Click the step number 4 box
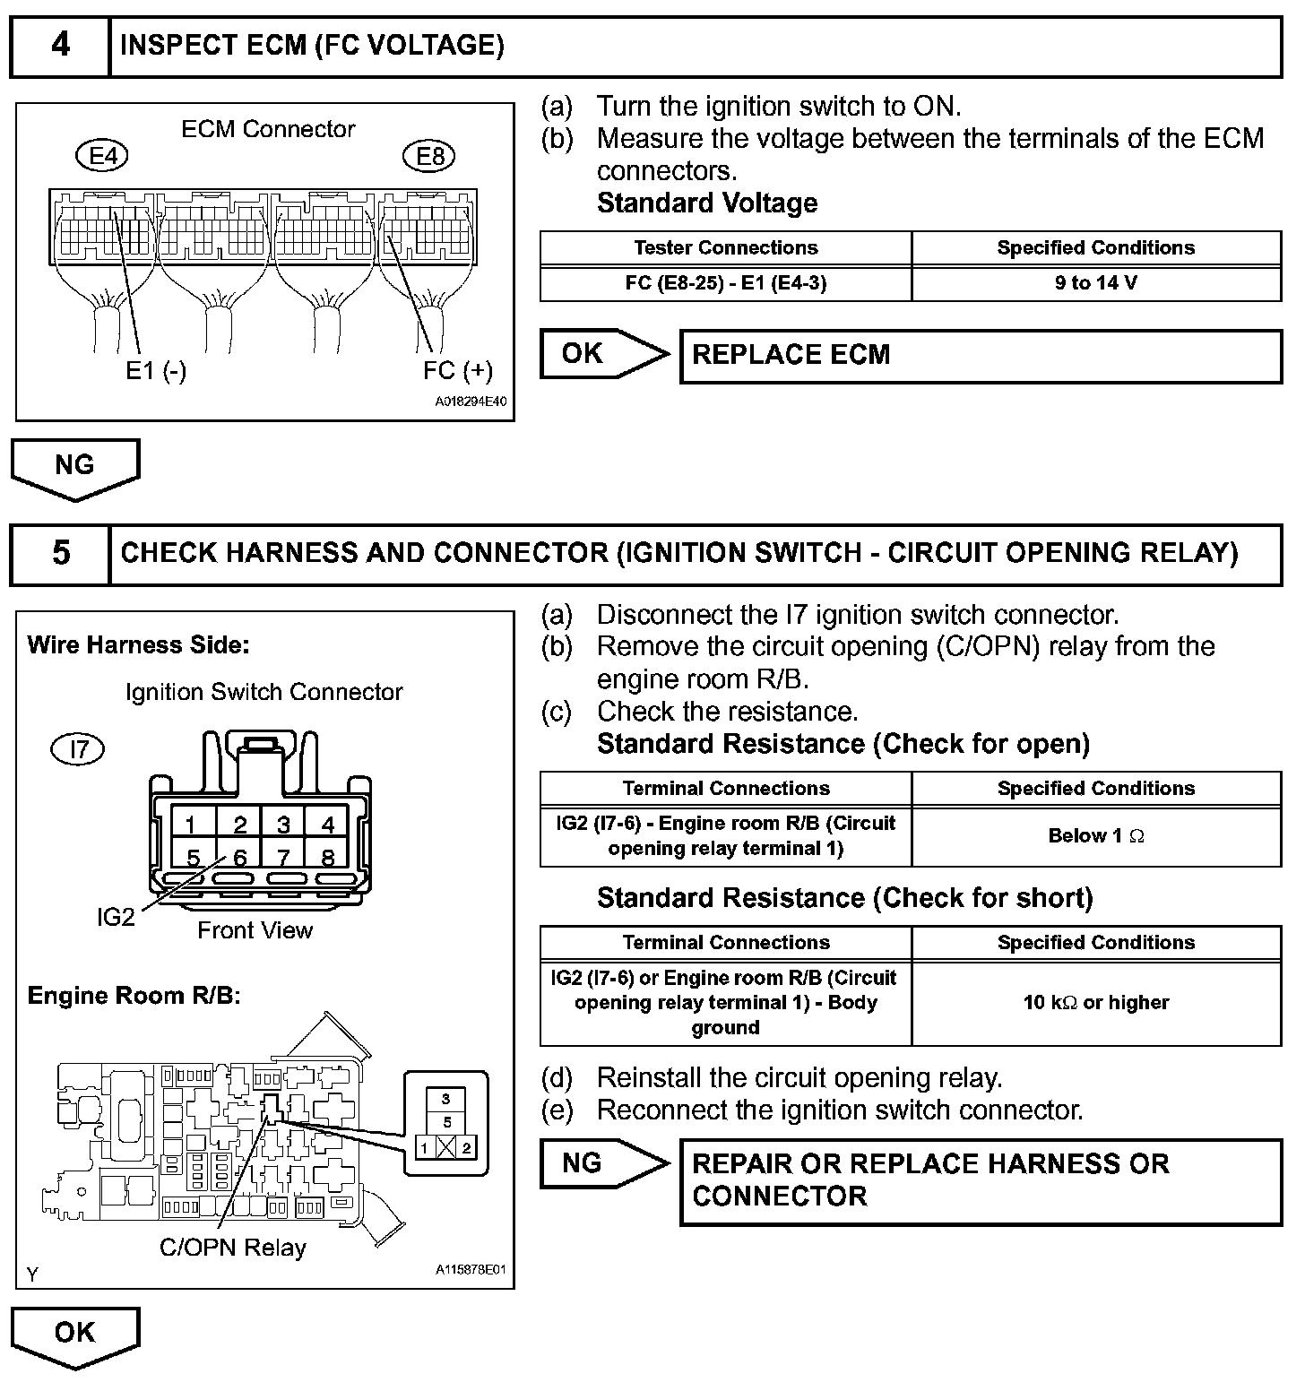60,46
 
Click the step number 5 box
60,553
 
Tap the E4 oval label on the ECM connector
102,157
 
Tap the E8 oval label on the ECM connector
430,157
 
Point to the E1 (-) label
156,370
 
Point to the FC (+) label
457,370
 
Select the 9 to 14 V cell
1095,283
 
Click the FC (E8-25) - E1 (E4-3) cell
725,283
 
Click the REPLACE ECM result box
981,356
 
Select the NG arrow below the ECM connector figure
74,466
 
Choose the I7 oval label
79,748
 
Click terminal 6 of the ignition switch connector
239,858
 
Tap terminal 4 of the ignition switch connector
327,824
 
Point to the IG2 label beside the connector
116,917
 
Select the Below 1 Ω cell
1095,836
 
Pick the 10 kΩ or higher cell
1095,1003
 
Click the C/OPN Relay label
232,1248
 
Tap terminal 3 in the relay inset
445,1098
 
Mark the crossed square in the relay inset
445,1148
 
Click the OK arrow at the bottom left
74,1334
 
